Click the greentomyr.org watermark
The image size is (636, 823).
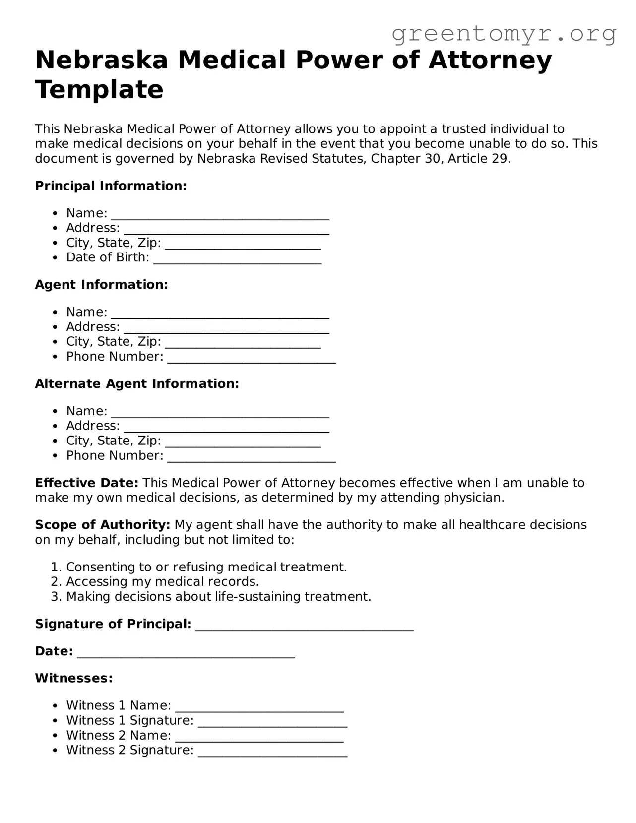click(x=504, y=34)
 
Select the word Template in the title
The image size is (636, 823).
click(x=99, y=90)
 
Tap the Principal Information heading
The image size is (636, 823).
click(x=111, y=186)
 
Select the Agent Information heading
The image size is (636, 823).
click(x=101, y=285)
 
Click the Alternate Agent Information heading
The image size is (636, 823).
click(x=137, y=384)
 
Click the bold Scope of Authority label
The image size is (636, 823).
click(x=103, y=525)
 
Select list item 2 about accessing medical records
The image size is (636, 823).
click(x=162, y=582)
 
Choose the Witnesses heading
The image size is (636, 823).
click(x=74, y=678)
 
